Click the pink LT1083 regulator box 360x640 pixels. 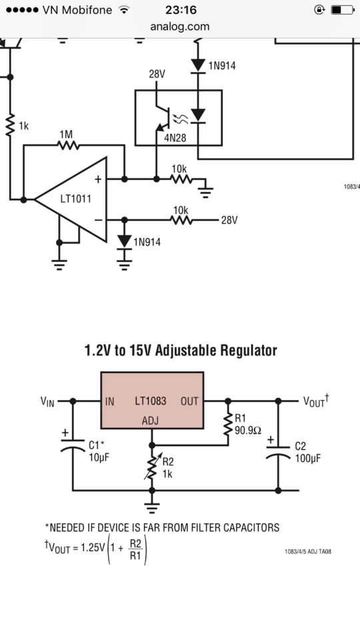pyautogui.click(x=152, y=401)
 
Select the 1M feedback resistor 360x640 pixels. pyautogui.click(x=68, y=145)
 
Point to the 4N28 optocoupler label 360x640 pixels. pyautogui.click(x=175, y=138)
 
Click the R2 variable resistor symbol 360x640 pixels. pyautogui.click(x=152, y=468)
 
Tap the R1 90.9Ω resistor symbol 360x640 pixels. pyautogui.click(x=228, y=425)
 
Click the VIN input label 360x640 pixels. pyautogui.click(x=47, y=401)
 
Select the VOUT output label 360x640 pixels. pyautogui.click(x=316, y=401)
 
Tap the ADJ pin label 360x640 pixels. pyautogui.click(x=150, y=421)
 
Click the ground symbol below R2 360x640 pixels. pyautogui.click(x=152, y=508)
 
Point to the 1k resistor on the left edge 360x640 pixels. pyautogui.click(x=10, y=125)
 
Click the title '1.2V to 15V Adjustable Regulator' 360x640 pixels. pyautogui.click(x=181, y=350)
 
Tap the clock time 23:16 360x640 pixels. pyautogui.click(x=181, y=9)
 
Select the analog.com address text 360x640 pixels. pyautogui.click(x=180, y=27)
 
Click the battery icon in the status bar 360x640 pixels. pyautogui.click(x=342, y=10)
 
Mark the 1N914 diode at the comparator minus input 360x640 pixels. pyautogui.click(x=125, y=241)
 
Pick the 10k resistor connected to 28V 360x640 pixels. pyautogui.click(x=181, y=220)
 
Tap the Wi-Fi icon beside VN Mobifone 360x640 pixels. pyautogui.click(x=124, y=10)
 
